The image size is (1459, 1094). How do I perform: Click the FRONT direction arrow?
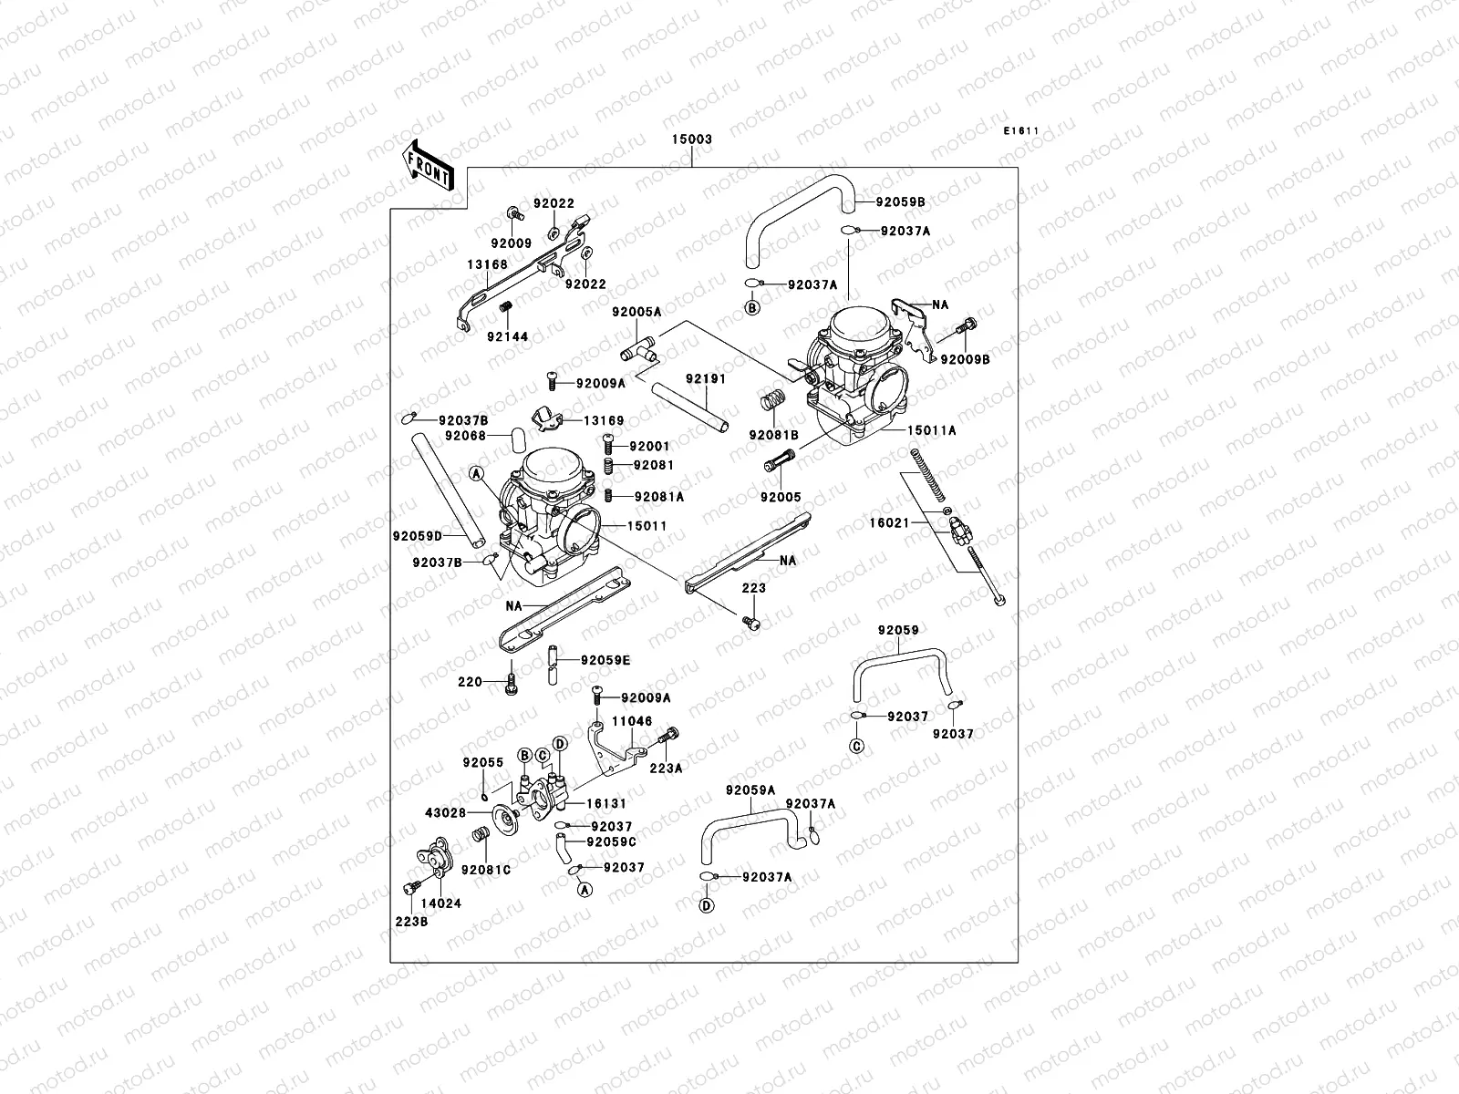tap(429, 165)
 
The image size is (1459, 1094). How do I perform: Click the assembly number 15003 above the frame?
tap(692, 139)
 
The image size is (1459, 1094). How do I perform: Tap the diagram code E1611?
tap(1022, 130)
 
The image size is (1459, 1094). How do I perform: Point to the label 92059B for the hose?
tap(900, 201)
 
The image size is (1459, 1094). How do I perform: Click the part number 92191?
tap(706, 377)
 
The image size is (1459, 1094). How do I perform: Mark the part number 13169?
tap(604, 420)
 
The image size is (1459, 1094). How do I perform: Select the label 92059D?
tap(418, 536)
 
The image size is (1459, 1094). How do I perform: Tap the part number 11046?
tap(632, 721)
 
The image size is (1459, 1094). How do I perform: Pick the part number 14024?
tap(442, 903)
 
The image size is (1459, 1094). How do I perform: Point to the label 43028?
tap(445, 812)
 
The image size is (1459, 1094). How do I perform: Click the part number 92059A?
tap(750, 790)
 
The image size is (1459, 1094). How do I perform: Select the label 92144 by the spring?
tap(507, 336)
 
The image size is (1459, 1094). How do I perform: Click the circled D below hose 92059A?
tap(706, 905)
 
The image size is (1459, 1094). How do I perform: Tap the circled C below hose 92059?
tap(856, 747)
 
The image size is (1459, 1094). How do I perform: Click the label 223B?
tap(411, 922)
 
